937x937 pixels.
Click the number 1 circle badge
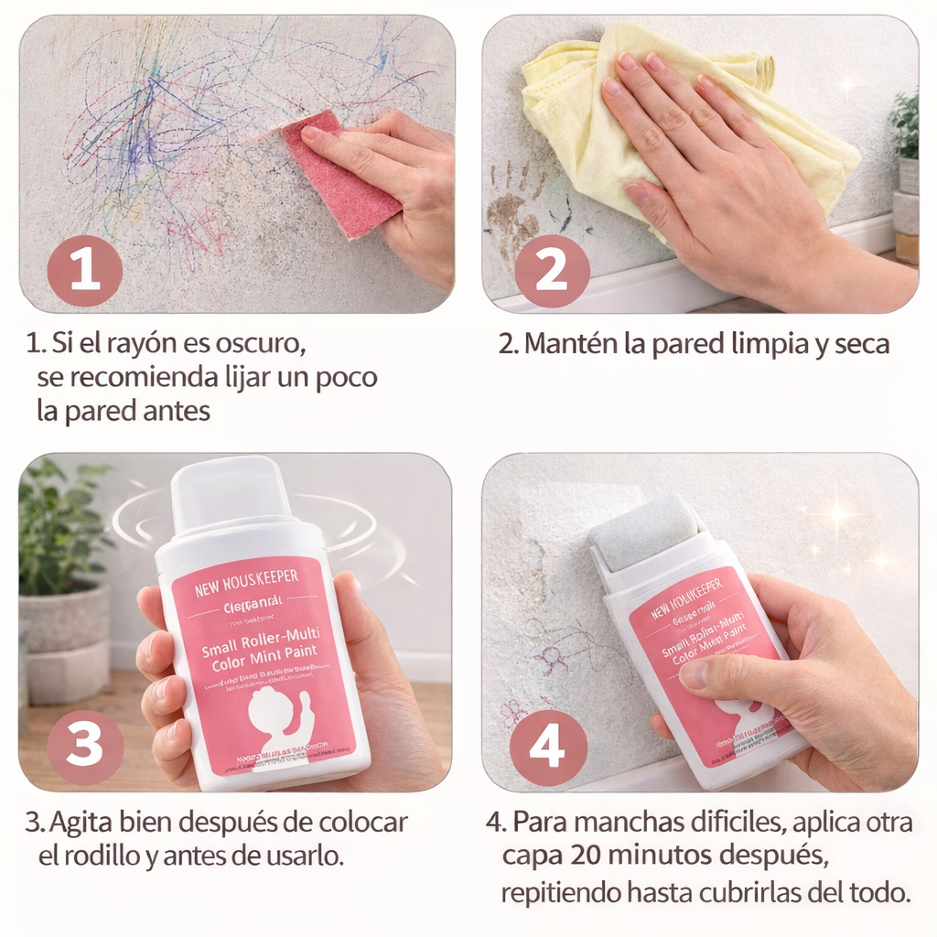pyautogui.click(x=84, y=270)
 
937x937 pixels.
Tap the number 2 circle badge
pyautogui.click(x=551, y=270)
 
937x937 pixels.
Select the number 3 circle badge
pyautogui.click(x=84, y=746)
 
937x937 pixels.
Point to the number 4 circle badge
pyautogui.click(x=547, y=748)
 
